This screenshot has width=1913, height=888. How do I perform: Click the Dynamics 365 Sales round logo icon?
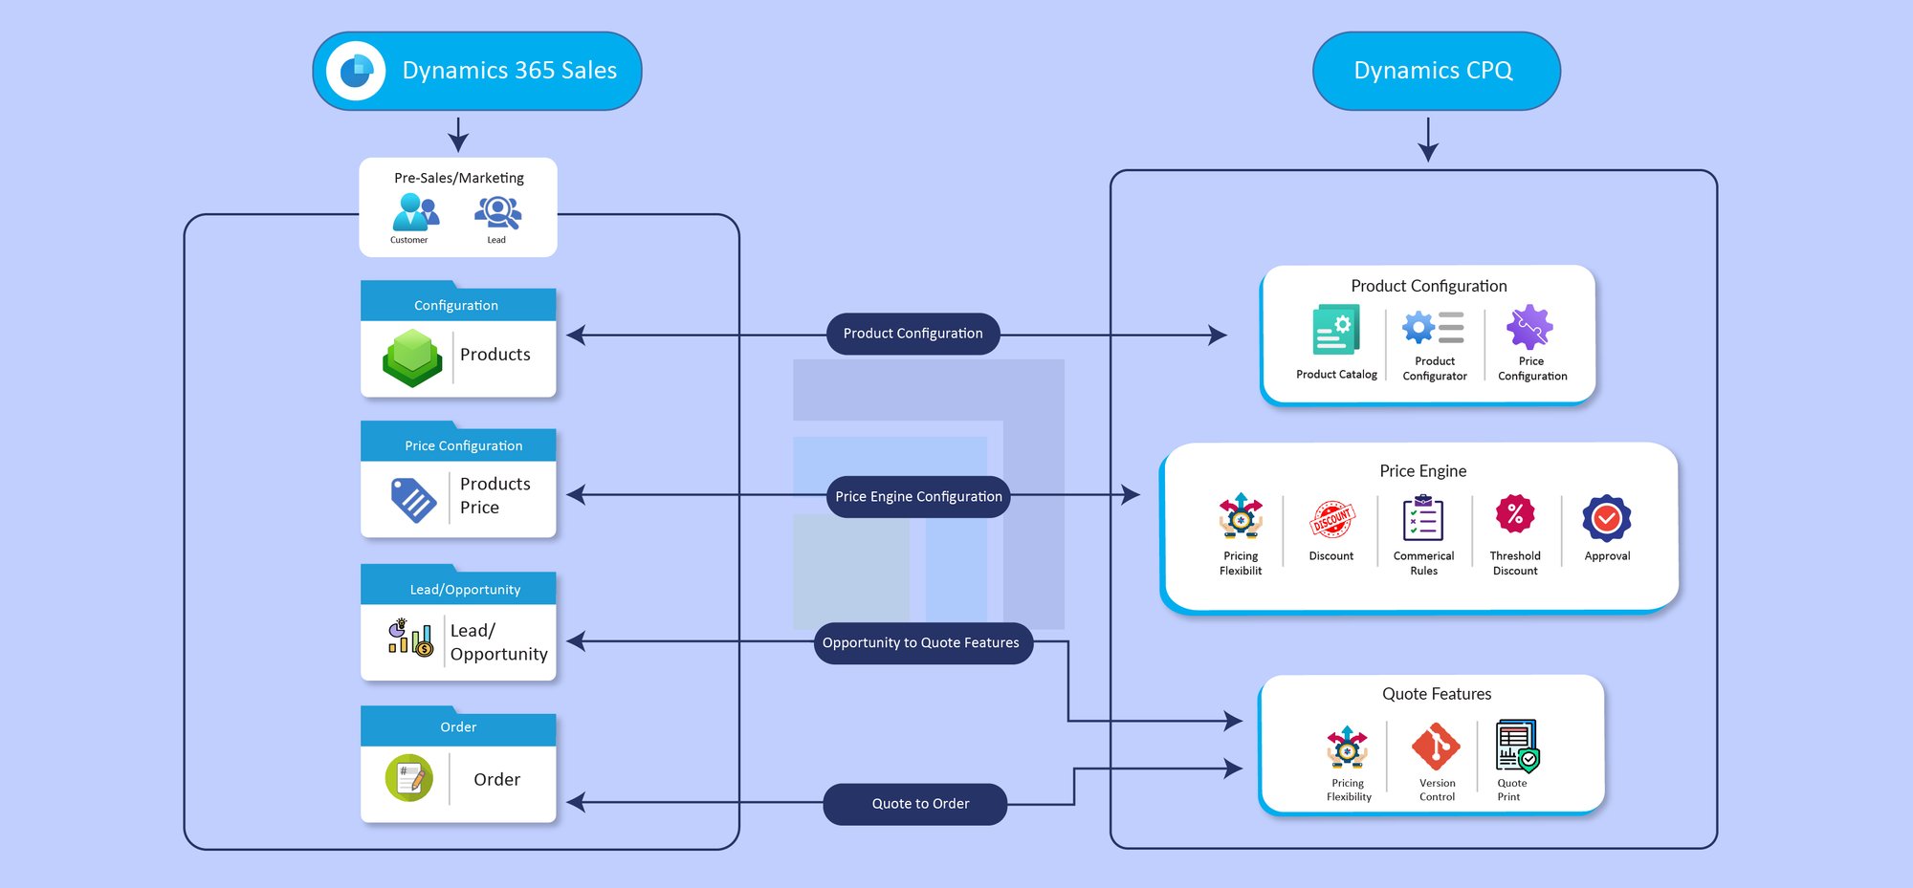(x=356, y=71)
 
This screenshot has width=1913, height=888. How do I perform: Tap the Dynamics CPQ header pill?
(x=1436, y=71)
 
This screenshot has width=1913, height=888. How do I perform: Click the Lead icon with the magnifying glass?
(x=497, y=212)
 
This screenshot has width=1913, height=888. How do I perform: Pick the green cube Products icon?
(x=412, y=357)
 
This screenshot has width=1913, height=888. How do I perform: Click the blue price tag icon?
(x=413, y=500)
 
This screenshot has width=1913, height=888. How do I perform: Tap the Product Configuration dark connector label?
(x=913, y=334)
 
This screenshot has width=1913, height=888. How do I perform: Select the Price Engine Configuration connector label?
(x=918, y=497)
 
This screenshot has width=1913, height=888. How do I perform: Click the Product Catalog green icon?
(x=1335, y=331)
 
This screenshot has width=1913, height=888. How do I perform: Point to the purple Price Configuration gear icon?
(x=1529, y=328)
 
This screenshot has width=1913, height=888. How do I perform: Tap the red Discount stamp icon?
(x=1331, y=519)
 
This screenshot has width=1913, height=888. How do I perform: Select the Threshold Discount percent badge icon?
(x=1515, y=515)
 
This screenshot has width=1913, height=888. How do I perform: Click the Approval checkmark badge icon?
(x=1607, y=518)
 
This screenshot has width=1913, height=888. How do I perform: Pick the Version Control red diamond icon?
(x=1436, y=747)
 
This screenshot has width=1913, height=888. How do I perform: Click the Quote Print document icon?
(x=1517, y=746)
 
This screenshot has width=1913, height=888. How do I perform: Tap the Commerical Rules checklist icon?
(x=1423, y=519)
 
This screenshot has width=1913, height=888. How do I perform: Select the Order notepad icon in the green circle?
(x=409, y=778)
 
